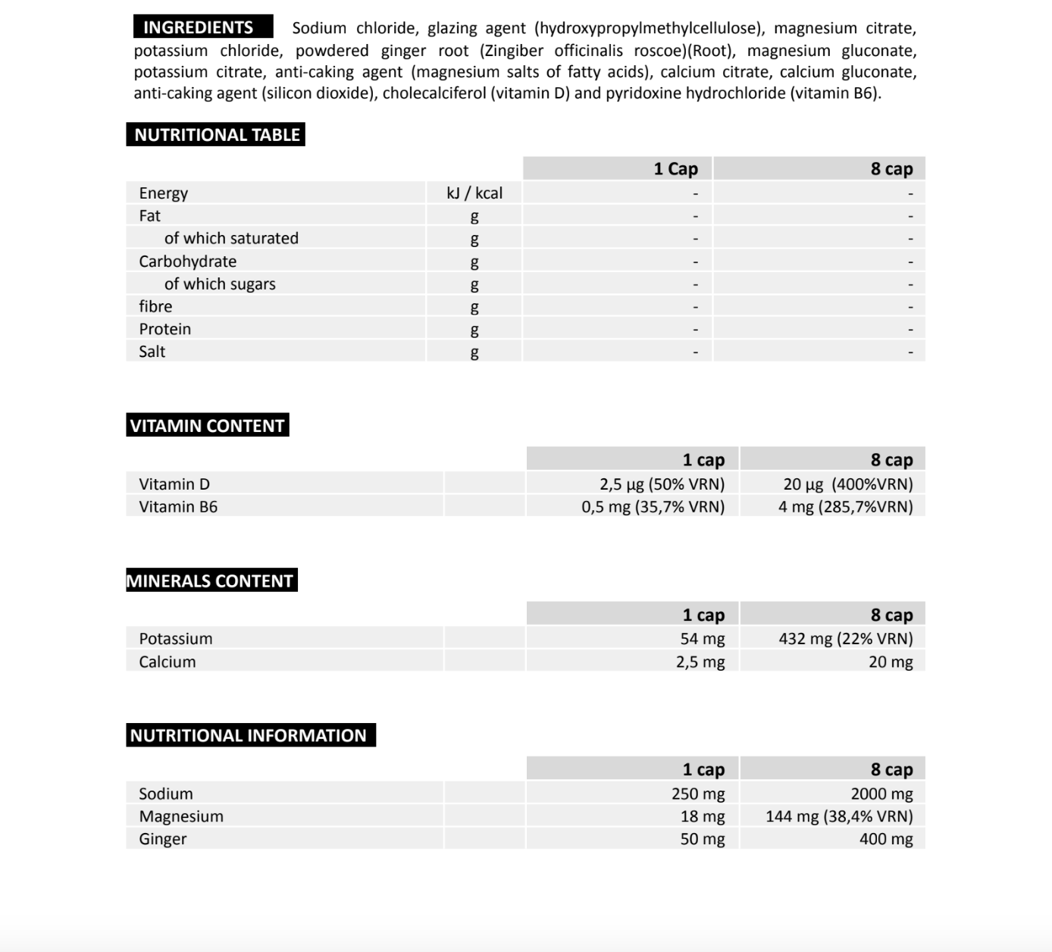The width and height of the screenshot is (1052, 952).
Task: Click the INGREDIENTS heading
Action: pos(199,27)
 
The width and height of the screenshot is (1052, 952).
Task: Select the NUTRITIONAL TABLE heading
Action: pos(217,135)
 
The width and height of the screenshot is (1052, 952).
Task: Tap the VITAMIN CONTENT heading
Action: pos(207,426)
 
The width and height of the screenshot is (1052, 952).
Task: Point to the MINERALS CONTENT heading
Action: pos(210,581)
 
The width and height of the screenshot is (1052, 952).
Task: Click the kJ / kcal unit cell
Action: pos(474,193)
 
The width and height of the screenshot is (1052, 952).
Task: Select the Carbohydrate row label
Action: pos(187,261)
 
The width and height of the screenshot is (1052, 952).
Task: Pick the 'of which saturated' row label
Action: pos(231,239)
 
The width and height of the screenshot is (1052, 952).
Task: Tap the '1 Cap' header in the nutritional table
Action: pos(675,169)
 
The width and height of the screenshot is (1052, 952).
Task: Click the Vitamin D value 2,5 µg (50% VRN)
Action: pos(662,484)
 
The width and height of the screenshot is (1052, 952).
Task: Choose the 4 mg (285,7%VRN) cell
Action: pos(845,507)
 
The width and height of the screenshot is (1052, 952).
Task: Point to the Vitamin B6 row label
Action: pos(178,507)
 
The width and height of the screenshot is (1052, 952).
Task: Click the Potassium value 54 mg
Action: pos(702,639)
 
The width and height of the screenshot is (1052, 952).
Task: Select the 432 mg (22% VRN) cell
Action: pos(845,639)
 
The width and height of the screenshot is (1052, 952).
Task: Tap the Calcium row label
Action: pos(168,662)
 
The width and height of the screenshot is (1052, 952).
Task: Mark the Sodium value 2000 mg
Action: pos(881,794)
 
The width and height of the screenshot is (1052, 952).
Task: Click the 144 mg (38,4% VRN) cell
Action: pos(839,817)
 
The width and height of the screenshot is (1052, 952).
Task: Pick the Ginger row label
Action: pos(162,840)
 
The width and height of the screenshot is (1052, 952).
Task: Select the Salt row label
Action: pos(152,352)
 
